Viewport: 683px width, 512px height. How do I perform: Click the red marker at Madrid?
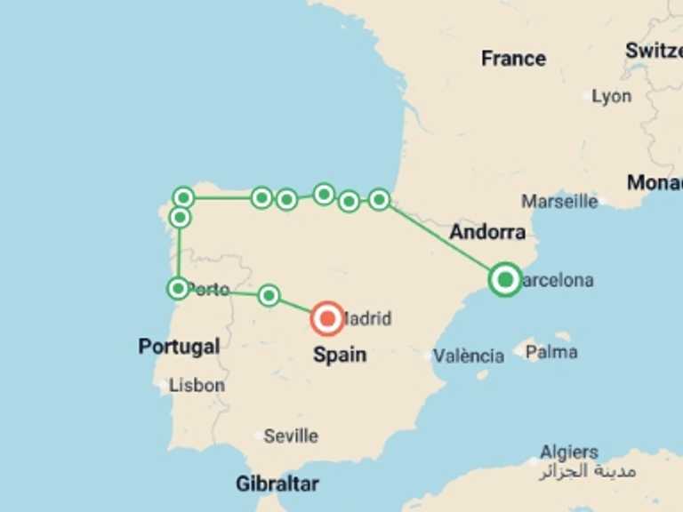pos(328,317)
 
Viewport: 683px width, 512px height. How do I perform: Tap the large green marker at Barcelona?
pos(505,280)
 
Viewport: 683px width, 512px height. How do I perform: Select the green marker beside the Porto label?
pos(178,288)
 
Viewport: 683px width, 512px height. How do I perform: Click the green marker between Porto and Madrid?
pos(269,295)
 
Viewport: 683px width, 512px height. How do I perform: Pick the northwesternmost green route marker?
pos(183,197)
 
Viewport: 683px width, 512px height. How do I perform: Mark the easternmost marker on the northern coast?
pos(379,200)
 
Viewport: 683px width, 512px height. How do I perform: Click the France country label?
pos(513,59)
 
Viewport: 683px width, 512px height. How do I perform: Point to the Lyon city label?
pos(611,96)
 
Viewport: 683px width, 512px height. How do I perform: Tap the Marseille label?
pos(559,201)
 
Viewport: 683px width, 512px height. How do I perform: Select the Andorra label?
pos(486,233)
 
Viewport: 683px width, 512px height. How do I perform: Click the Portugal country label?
pos(179,347)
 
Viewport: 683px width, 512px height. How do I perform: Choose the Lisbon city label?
pos(197,385)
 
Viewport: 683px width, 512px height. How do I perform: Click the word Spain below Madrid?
pos(339,355)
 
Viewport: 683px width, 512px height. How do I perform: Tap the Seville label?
pos(291,436)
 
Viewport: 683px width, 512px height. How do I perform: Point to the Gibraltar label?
pos(277,484)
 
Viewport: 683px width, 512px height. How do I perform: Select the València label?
pos(468,356)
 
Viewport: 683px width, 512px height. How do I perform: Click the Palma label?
pos(550,352)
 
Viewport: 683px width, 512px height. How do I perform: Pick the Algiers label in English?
pos(569,452)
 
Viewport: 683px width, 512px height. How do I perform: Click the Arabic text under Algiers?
pos(587,471)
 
